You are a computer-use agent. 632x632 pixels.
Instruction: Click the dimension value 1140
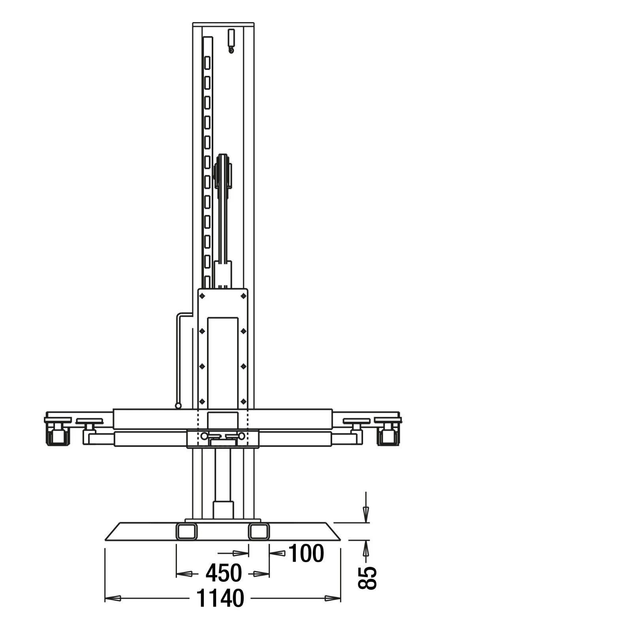point(220,598)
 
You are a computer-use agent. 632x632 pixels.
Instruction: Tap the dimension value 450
point(223,573)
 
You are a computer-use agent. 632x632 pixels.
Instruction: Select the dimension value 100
point(307,553)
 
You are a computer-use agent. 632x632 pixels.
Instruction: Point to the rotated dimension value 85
point(367,578)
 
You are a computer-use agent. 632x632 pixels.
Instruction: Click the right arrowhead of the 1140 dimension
point(333,598)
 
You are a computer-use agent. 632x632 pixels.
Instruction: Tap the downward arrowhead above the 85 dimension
point(366,514)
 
